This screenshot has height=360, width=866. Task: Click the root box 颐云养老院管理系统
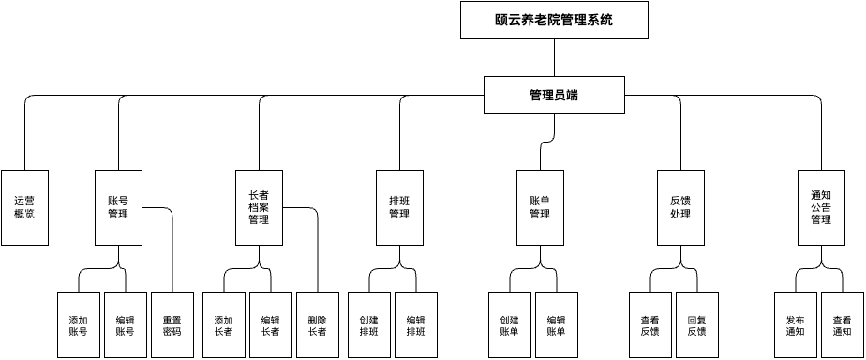[x=554, y=20]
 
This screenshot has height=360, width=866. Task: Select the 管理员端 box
[x=554, y=95]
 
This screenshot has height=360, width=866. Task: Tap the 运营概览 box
[x=24, y=207]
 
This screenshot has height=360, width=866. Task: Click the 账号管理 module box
[x=118, y=207]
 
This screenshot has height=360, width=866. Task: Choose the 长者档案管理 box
[x=259, y=207]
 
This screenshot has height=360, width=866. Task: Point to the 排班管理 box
[x=399, y=207]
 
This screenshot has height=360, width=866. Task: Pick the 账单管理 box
[x=540, y=207]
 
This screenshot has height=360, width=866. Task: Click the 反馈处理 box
[x=680, y=207]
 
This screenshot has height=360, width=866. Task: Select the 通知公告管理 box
[x=821, y=207]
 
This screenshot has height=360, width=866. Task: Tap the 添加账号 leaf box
[x=78, y=324]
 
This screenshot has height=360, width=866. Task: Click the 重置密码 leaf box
[x=172, y=324]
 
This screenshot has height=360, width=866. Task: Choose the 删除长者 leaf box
[x=318, y=324]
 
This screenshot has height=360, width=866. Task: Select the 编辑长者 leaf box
[x=271, y=324]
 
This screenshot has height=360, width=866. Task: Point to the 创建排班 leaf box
[x=369, y=324]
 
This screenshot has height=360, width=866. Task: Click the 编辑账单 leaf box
[x=557, y=324]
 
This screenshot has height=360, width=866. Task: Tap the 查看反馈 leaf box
[x=650, y=324]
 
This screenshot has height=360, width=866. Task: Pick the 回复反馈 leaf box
[x=697, y=324]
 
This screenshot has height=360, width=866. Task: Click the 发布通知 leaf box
[x=796, y=324]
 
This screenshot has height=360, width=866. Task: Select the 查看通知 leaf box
[x=843, y=324]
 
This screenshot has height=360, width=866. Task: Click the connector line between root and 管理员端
[x=554, y=57]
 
